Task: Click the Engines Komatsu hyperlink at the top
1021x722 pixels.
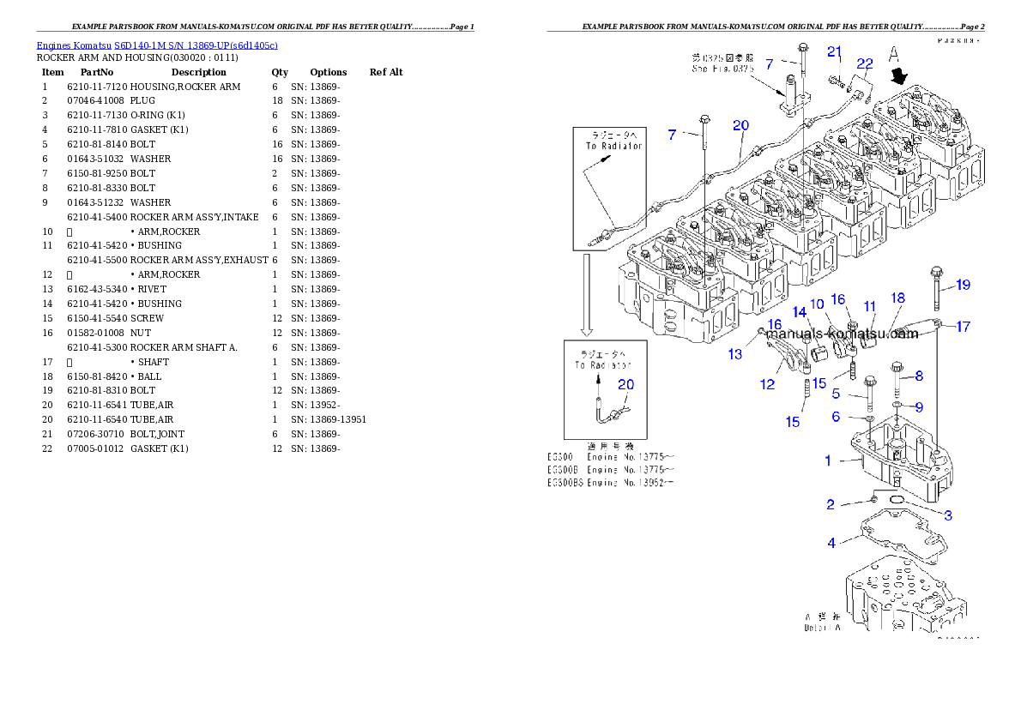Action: (157, 45)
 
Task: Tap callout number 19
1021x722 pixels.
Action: (963, 285)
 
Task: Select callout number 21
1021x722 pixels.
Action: (834, 51)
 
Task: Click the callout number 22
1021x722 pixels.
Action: (864, 63)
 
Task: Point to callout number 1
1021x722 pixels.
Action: (828, 460)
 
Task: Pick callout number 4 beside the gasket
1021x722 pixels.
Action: (831, 543)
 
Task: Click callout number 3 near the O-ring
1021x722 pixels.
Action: (948, 515)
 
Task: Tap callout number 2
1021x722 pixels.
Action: (831, 504)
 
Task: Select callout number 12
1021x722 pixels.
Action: (767, 385)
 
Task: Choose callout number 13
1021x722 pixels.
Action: (735, 354)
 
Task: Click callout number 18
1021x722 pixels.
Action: (897, 298)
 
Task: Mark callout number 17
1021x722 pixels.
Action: (963, 326)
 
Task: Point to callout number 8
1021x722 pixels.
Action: (918, 375)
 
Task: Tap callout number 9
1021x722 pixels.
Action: (918, 406)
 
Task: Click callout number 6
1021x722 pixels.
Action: (835, 417)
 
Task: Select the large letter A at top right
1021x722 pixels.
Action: (894, 53)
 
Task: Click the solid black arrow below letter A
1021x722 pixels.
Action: (899, 77)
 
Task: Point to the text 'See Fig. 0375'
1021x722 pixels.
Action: (722, 68)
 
